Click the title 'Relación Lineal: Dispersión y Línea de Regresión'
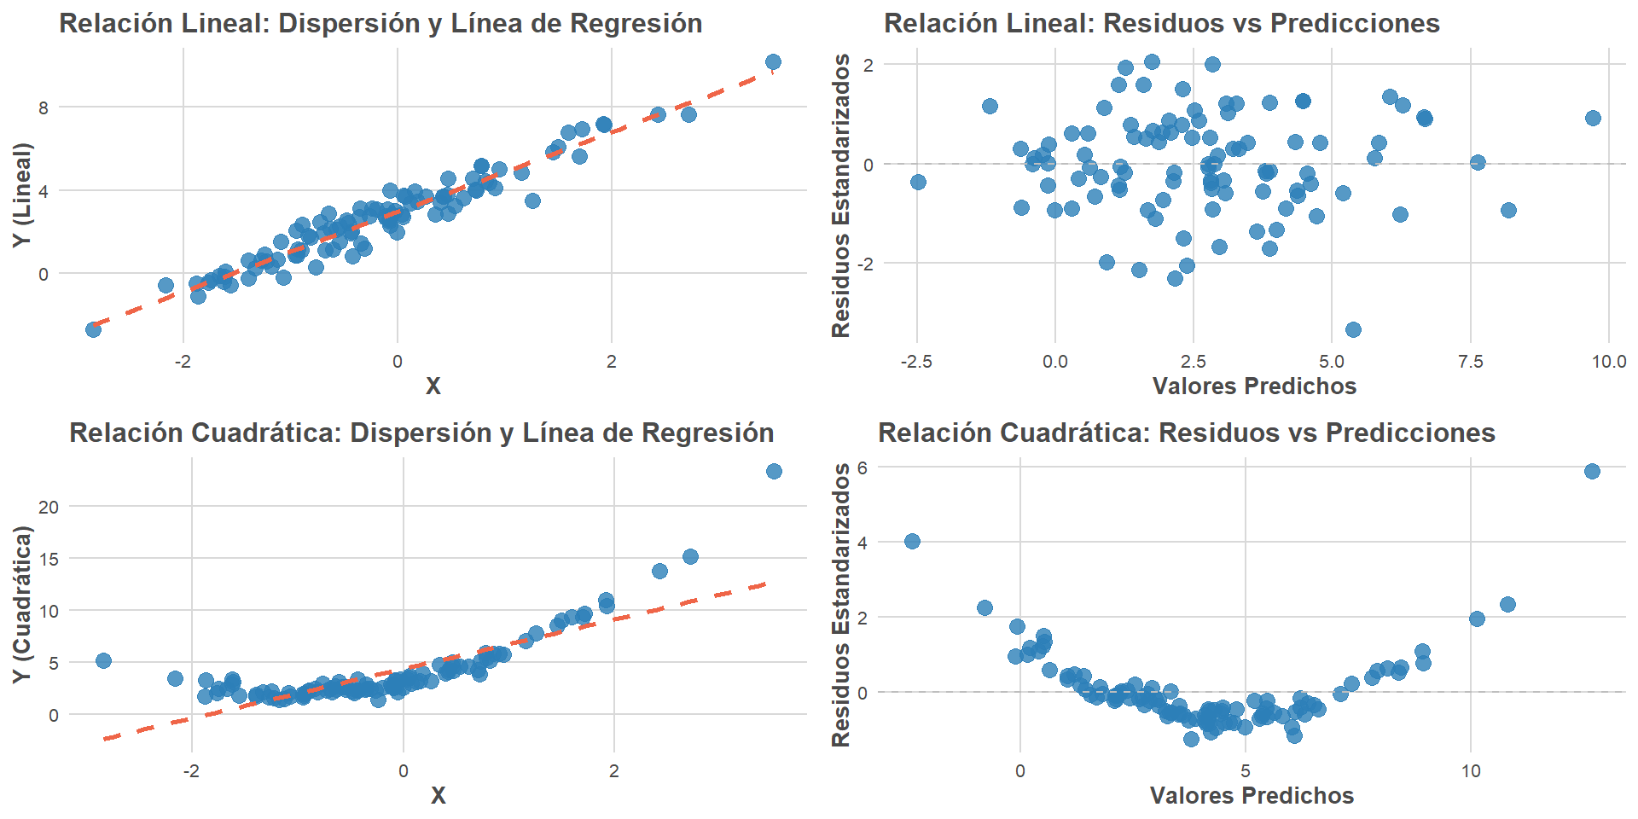pyautogui.click(x=380, y=23)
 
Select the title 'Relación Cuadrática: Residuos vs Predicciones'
pyautogui.click(x=1186, y=433)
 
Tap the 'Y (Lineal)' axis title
pyautogui.click(x=22, y=195)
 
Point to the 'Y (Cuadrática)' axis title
pyautogui.click(x=22, y=604)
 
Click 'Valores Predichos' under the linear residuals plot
pyautogui.click(x=1254, y=386)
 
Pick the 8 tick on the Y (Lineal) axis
pyautogui.click(x=44, y=107)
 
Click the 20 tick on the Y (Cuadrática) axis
pyautogui.click(x=49, y=507)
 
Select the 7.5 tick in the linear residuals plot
pyautogui.click(x=1471, y=362)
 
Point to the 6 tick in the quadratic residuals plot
pyautogui.click(x=863, y=468)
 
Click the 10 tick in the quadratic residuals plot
pyautogui.click(x=1471, y=771)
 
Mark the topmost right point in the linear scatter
pyautogui.click(x=773, y=61)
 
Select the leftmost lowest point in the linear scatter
pyautogui.click(x=93, y=329)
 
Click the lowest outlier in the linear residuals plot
pyautogui.click(x=1353, y=329)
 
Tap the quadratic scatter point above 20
pyautogui.click(x=774, y=471)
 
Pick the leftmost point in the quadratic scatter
pyautogui.click(x=103, y=660)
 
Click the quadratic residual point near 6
pyautogui.click(x=1592, y=471)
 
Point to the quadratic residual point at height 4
pyautogui.click(x=912, y=541)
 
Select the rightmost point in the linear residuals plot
pyautogui.click(x=1593, y=118)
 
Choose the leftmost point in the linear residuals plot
pyautogui.click(x=918, y=182)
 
